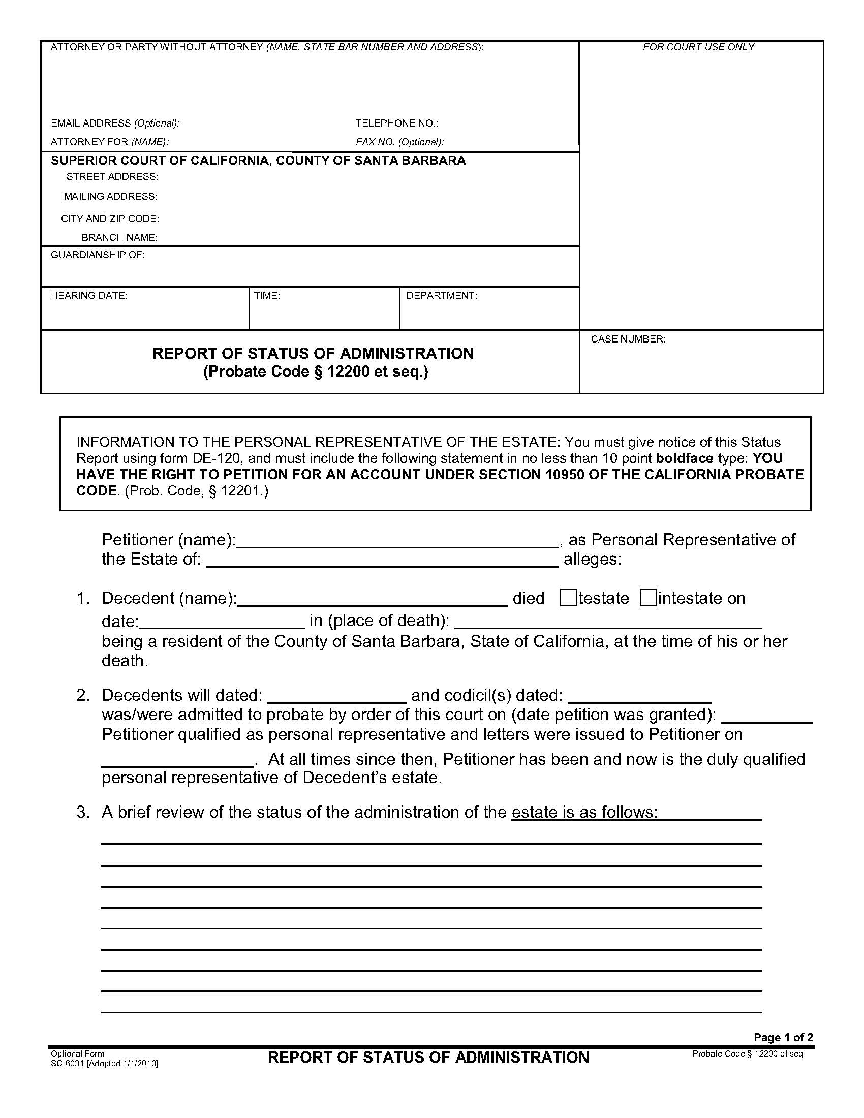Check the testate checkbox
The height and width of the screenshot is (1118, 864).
[x=568, y=598]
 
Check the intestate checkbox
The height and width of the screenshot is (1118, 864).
[x=648, y=598]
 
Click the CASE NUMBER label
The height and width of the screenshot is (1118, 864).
[x=628, y=339]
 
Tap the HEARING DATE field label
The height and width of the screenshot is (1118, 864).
[x=89, y=295]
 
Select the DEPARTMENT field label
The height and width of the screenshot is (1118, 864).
[x=441, y=295]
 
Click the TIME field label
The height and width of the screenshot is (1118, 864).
[x=267, y=295]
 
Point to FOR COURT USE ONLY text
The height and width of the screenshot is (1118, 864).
[x=698, y=47]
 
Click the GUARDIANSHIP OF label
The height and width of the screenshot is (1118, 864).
[x=98, y=255]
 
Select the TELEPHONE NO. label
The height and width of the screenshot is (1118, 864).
[x=397, y=123]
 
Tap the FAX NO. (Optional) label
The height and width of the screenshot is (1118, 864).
[x=399, y=142]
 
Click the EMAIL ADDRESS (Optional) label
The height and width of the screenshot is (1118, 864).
[x=115, y=123]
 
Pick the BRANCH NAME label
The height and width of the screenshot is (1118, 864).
[x=119, y=237]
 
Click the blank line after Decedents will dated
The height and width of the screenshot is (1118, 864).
[x=336, y=698]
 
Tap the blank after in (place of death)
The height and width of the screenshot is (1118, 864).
[x=608, y=624]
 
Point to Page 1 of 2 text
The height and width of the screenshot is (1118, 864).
[x=783, y=1038]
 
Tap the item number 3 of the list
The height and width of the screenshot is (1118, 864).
[x=83, y=812]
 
